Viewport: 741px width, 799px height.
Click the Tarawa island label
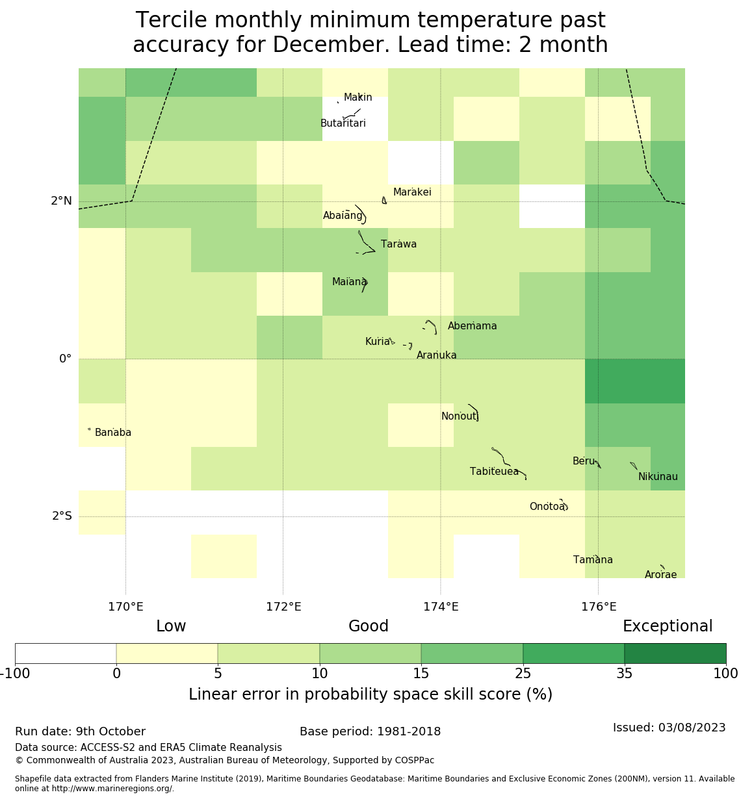(398, 245)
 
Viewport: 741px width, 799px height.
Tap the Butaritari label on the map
(343, 123)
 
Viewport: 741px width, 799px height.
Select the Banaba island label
(113, 433)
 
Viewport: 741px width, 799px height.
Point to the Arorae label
(660, 575)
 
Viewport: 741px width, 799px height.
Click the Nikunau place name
(658, 477)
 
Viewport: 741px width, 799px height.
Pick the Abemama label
(472, 326)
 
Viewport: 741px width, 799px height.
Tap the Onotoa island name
(547, 507)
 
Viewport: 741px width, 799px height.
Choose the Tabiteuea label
(494, 472)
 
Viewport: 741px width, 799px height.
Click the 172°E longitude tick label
(283, 607)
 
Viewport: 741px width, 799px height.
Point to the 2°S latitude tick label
(62, 516)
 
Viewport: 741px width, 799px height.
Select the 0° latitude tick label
(65, 359)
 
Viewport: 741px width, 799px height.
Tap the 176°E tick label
(599, 607)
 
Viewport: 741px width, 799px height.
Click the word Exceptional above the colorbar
(668, 627)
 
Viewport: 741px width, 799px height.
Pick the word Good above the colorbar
(369, 627)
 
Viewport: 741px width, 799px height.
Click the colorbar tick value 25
(523, 674)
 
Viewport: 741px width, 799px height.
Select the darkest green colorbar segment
(675, 653)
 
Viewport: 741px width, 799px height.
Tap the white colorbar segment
(66, 653)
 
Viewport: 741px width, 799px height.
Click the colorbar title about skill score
(370, 695)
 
